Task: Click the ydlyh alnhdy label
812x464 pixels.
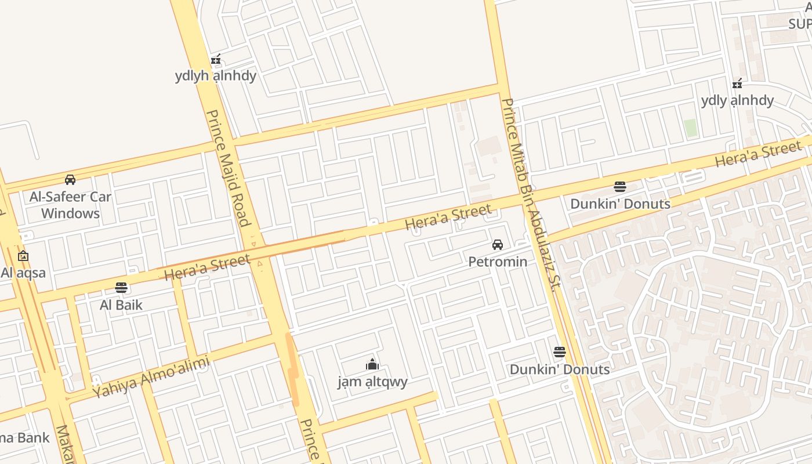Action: click(x=215, y=75)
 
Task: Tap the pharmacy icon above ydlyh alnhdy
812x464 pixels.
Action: click(x=216, y=59)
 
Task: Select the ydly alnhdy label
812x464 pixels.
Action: click(x=737, y=100)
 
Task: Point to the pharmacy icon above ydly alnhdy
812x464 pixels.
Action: click(x=737, y=84)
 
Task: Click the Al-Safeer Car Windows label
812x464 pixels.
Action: click(x=70, y=205)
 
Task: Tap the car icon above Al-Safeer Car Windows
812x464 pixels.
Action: click(x=70, y=180)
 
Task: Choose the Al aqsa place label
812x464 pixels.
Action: click(x=23, y=273)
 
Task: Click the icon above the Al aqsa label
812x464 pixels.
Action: click(x=23, y=256)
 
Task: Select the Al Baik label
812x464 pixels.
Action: click(x=121, y=304)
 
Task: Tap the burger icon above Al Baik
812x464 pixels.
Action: click(x=121, y=287)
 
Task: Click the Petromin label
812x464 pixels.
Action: click(x=498, y=262)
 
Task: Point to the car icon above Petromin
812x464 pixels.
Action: click(x=498, y=245)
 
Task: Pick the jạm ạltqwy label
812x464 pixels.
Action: click(x=372, y=381)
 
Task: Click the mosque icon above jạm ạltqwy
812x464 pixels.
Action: click(x=372, y=364)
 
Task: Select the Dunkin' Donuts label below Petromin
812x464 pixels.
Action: click(x=559, y=369)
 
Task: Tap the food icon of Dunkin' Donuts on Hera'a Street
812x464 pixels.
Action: click(x=620, y=187)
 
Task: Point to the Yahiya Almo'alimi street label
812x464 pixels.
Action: click(x=151, y=378)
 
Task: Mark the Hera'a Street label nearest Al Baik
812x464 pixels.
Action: click(x=207, y=267)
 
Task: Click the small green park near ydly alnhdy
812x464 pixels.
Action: click(x=690, y=128)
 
